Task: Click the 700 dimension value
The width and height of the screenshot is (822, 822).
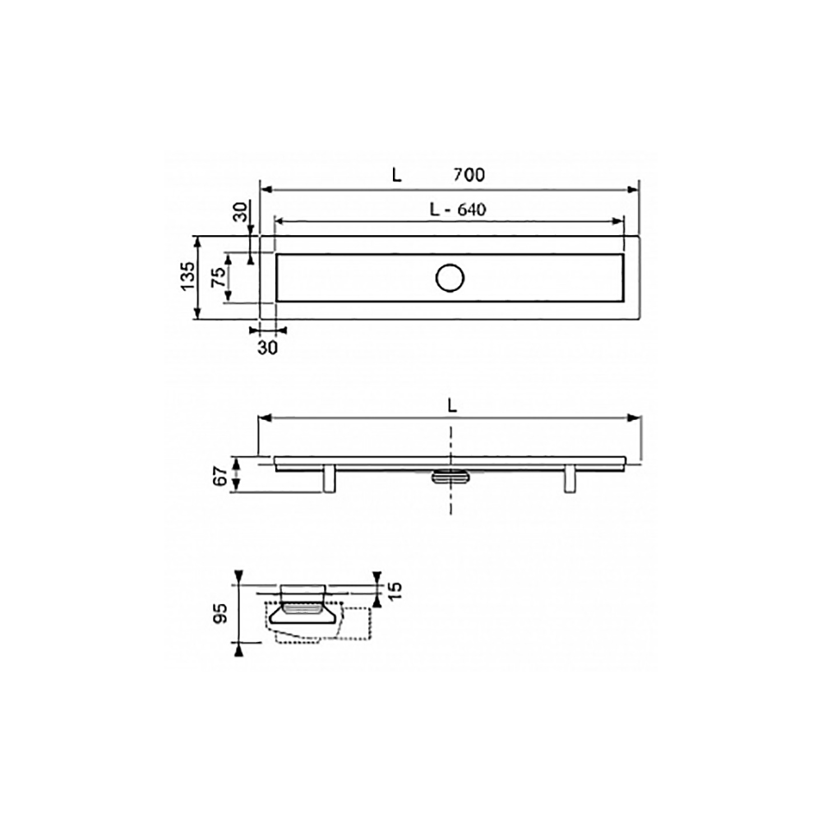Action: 469,174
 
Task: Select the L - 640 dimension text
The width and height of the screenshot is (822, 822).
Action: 458,210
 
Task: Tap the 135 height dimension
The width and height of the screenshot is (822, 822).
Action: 187,275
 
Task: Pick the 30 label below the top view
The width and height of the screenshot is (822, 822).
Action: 267,347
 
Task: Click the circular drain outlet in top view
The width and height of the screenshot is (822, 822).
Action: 450,278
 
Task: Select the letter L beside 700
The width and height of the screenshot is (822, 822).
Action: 397,174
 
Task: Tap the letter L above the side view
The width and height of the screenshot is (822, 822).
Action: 453,406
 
